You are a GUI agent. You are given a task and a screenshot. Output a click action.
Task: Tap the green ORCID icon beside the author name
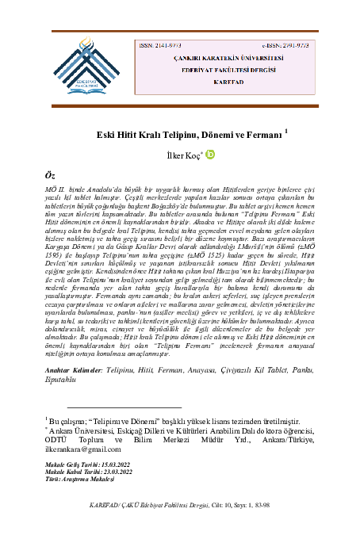click(x=210, y=155)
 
